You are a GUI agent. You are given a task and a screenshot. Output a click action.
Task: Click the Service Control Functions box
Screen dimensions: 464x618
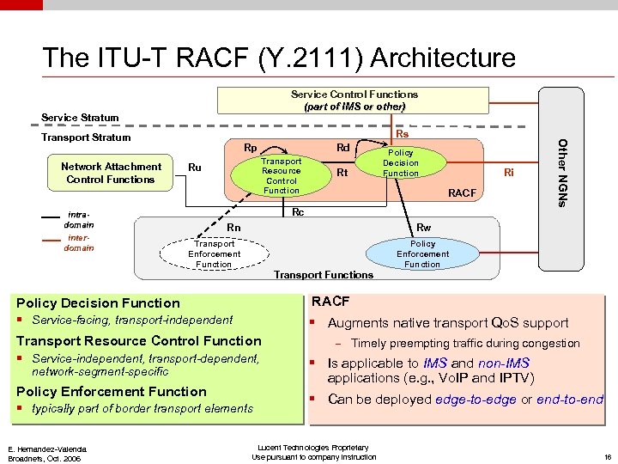click(x=354, y=101)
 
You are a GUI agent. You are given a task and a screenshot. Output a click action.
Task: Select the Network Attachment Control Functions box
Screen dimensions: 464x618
click(x=111, y=173)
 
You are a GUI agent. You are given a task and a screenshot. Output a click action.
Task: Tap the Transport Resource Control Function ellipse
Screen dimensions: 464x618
click(x=281, y=175)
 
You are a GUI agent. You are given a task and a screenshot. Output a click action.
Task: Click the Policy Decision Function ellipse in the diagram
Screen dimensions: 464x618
click(x=400, y=162)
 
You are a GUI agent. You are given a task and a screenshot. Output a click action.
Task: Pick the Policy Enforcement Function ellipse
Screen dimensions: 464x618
click(x=422, y=253)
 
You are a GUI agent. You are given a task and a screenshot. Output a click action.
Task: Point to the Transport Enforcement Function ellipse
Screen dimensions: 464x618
click(x=214, y=253)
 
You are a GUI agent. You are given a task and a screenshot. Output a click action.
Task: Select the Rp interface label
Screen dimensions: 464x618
click(x=251, y=147)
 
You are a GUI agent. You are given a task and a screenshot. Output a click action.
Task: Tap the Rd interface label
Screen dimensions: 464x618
click(x=342, y=147)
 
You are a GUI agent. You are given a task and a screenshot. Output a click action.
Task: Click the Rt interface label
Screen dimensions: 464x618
click(x=342, y=173)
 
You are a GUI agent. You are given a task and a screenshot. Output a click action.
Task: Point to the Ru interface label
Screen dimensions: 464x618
click(x=195, y=168)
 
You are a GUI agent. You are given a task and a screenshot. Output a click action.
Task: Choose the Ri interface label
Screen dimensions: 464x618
click(x=509, y=173)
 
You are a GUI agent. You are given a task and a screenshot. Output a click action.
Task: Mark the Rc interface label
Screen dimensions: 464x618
click(x=298, y=211)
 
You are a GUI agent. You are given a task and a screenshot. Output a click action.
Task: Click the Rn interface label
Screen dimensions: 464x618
click(x=233, y=227)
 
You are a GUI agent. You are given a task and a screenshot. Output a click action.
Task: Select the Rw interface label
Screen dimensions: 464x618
click(x=423, y=227)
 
